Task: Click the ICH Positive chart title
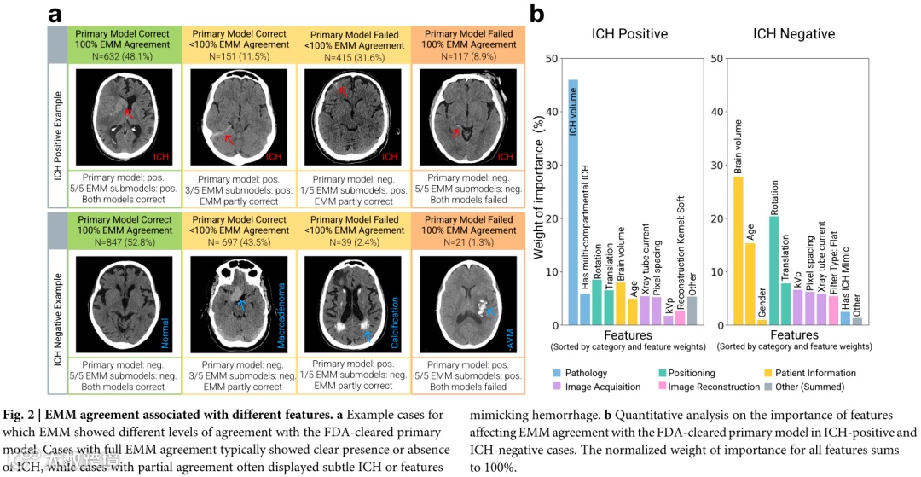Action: pos(630,34)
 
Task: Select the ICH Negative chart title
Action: pos(794,34)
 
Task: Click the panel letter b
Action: pos(537,14)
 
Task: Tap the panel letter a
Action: pos(55,15)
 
